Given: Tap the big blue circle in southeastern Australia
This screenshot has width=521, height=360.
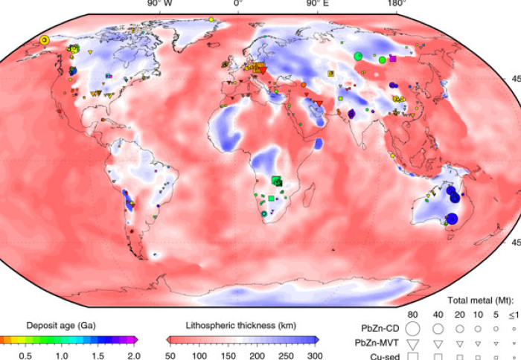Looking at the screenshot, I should (451, 219).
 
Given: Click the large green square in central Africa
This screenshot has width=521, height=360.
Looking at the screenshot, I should (277, 181).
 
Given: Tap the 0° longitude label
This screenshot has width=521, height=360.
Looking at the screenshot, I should (238, 4).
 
